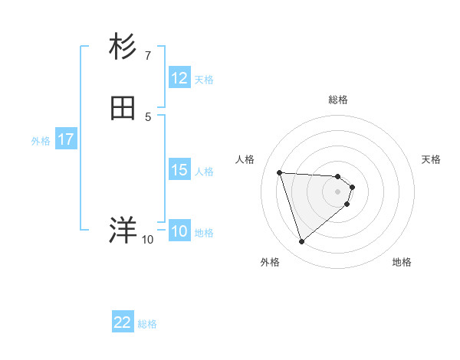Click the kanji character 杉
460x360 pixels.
tap(123, 47)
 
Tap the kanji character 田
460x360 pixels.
tap(123, 108)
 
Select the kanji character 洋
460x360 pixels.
tap(123, 231)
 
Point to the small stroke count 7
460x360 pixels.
tap(148, 56)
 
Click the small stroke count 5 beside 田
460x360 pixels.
tap(148, 116)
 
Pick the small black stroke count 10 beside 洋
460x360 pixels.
tap(148, 240)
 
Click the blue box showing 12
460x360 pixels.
tap(179, 78)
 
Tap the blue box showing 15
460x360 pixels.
tap(179, 170)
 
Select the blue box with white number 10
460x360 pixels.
tap(179, 231)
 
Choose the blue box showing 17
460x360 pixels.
tap(66, 139)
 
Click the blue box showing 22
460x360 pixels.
tap(123, 323)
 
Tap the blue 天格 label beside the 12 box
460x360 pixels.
tap(204, 79)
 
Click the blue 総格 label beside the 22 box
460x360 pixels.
tap(147, 324)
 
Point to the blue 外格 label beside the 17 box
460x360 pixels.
tap(41, 140)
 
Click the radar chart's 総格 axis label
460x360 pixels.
tap(338, 100)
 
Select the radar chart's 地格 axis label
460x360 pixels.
tap(402, 262)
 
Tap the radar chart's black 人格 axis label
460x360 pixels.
tap(245, 159)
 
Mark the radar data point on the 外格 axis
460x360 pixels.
tap(301, 242)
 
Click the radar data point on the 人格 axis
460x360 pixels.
tap(280, 172)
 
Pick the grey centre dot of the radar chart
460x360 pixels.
tap(338, 191)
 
